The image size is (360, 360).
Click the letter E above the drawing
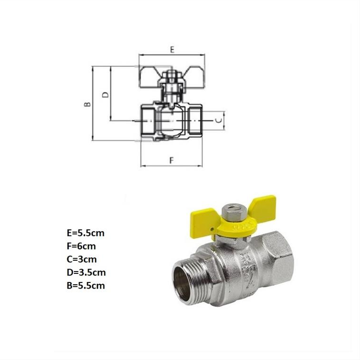[x=172, y=50]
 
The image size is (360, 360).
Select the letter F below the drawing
[x=172, y=160]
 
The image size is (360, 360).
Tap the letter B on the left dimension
[x=88, y=104]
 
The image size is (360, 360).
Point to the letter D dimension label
[x=105, y=95]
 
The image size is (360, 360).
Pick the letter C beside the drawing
[x=220, y=120]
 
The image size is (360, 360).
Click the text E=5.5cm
[x=86, y=233]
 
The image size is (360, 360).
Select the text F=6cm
[x=81, y=246]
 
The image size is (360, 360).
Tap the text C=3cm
[x=82, y=259]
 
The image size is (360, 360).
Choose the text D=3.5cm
[x=86, y=272]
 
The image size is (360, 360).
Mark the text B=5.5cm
[x=86, y=286]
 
